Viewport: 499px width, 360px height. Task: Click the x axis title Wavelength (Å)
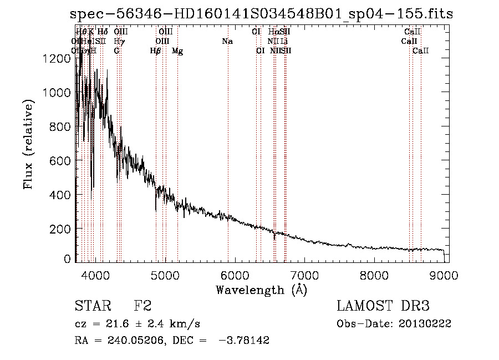pos(261,290)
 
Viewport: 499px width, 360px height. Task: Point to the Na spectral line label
pos(227,42)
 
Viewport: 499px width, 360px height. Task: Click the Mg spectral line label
pos(177,51)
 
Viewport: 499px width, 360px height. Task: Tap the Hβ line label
pos(156,51)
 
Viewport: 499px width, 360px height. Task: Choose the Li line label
pos(284,42)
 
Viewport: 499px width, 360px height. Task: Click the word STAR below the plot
pos(89,306)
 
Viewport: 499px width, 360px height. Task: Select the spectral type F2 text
pos(142,306)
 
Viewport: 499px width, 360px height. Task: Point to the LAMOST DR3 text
pos(383,306)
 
